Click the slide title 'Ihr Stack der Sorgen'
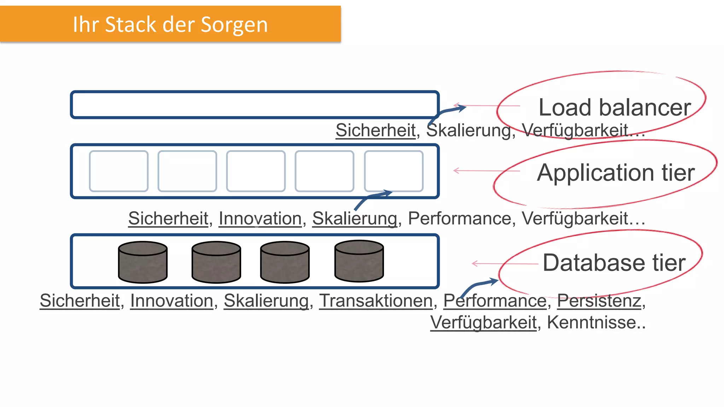click(x=170, y=24)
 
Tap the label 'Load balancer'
click(x=614, y=107)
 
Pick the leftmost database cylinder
click(x=143, y=263)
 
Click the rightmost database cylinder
click(x=359, y=261)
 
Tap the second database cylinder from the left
click(x=216, y=263)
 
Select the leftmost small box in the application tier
click(x=118, y=171)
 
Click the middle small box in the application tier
click(x=256, y=171)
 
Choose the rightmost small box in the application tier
click(x=393, y=171)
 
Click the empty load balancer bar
click(x=255, y=105)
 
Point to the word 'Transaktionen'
click(x=376, y=301)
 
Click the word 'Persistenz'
click(x=599, y=301)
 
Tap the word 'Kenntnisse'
click(x=594, y=322)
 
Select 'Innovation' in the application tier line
click(x=260, y=218)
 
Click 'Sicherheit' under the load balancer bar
click(x=375, y=130)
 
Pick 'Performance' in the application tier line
click(x=459, y=218)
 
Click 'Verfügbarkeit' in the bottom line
click(x=483, y=322)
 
